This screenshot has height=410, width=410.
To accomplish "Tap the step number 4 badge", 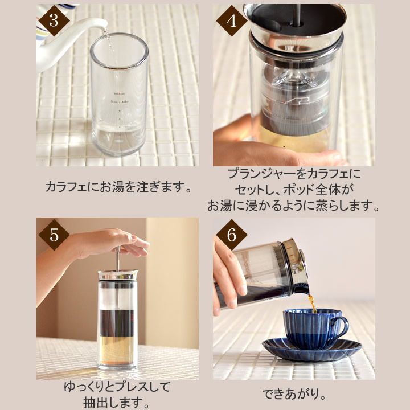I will click(231, 21).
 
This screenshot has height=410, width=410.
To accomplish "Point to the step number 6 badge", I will click(231, 234).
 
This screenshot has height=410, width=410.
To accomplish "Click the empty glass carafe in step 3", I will click(118, 97).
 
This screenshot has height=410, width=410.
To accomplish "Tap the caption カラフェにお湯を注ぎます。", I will click(118, 187).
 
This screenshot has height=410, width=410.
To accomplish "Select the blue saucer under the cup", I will click(312, 350).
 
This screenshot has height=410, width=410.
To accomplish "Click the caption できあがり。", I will click(294, 393).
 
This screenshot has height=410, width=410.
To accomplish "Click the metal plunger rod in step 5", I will click(118, 259).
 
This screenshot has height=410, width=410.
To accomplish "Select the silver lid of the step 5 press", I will click(118, 276).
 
